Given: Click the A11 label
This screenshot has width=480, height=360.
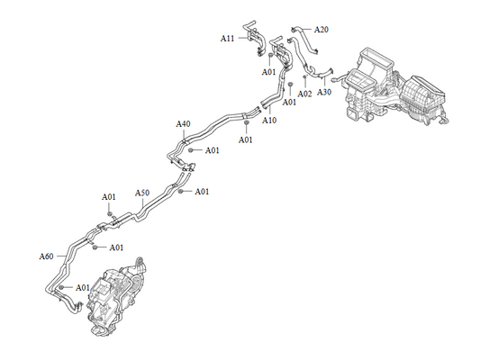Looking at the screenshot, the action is (228, 39).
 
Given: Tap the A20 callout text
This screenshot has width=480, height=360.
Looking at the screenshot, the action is (322, 30).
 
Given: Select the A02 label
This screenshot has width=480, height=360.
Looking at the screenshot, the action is (304, 94).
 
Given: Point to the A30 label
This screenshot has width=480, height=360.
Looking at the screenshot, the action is (324, 92).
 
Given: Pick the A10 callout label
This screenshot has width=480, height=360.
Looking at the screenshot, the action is (269, 121).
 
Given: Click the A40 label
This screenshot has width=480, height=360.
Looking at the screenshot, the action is (183, 124).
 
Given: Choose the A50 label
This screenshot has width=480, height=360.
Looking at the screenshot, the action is (142, 193).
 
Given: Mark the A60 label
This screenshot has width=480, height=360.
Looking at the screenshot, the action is (46, 256).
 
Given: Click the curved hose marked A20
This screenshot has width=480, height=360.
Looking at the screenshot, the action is (305, 40).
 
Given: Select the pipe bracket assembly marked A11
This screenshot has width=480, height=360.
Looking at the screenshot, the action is (253, 38).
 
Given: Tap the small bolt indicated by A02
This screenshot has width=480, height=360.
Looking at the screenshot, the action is (304, 76).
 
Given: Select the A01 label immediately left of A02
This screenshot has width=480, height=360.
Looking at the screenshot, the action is (289, 103).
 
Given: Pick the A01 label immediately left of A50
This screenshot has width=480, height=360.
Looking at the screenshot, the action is (109, 197).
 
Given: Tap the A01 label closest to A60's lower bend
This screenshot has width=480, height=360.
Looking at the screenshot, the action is (83, 288).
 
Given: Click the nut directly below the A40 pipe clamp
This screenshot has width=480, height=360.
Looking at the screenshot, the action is (190, 150).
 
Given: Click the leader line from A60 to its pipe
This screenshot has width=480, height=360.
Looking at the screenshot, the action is (61, 256).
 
